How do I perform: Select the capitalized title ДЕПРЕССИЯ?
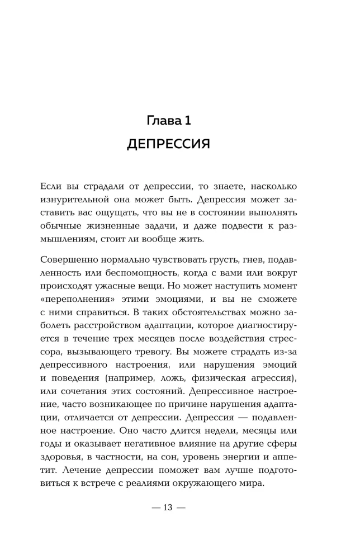[168, 144]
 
